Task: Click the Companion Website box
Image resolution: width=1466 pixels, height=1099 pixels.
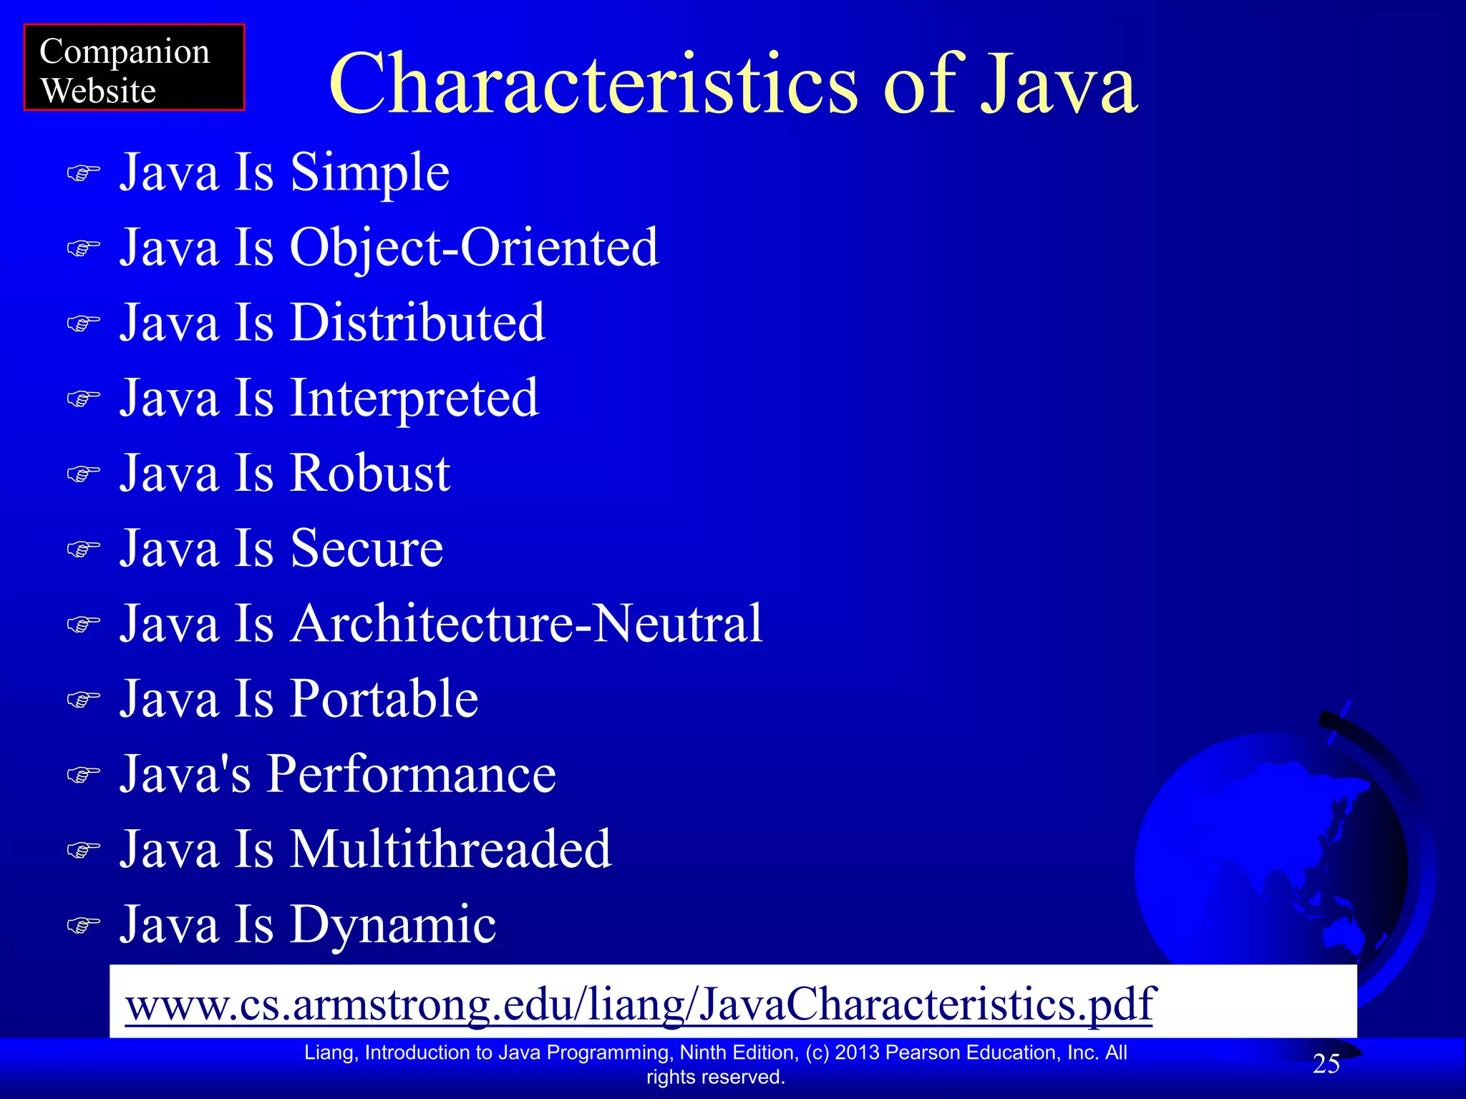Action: coord(134,67)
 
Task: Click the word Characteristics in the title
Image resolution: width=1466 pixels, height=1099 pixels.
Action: coord(593,84)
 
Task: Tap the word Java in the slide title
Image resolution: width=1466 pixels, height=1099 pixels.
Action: coord(1058,84)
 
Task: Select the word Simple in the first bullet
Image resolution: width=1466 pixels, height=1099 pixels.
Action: coord(369,173)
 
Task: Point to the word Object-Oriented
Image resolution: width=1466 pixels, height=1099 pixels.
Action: coord(474,248)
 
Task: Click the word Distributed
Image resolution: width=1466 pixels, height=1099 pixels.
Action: coord(417,323)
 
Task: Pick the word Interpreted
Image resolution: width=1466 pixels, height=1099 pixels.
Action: coord(414,399)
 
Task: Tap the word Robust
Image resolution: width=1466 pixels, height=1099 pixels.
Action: coord(370,474)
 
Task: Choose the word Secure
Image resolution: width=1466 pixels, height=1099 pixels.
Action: coord(366,549)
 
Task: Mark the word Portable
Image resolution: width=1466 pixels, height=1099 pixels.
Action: coord(384,699)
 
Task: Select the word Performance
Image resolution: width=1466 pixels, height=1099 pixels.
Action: coord(411,774)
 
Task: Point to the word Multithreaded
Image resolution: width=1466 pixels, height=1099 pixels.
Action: coord(450,849)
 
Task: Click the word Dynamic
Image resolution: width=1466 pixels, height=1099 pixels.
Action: coord(392,924)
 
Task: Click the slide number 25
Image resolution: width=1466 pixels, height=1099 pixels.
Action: coord(1326,1064)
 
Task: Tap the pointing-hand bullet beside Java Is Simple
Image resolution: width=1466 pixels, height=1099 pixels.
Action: coord(83,174)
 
